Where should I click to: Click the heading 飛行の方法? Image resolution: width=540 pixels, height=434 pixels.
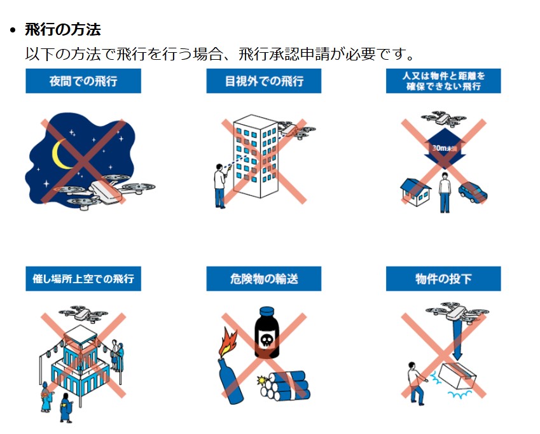(63, 30)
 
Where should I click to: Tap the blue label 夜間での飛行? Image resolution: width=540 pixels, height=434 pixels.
(83, 81)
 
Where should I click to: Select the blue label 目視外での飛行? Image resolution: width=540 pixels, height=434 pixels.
(264, 81)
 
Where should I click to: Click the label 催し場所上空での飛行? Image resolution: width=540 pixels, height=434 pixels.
(83, 278)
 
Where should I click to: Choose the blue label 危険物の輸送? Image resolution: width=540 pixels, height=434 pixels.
(264, 278)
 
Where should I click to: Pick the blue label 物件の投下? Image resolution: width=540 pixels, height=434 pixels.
(443, 278)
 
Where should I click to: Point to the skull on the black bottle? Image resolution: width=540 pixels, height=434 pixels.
(267, 340)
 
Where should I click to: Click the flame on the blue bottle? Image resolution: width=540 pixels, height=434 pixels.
(228, 343)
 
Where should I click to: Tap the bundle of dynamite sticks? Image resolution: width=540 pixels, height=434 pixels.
(285, 386)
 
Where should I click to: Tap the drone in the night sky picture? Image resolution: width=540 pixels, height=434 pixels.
(103, 191)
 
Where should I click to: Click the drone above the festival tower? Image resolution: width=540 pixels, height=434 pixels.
(83, 314)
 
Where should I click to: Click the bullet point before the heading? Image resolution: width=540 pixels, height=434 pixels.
(13, 31)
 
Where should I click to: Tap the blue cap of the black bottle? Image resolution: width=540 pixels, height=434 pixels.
(267, 311)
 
